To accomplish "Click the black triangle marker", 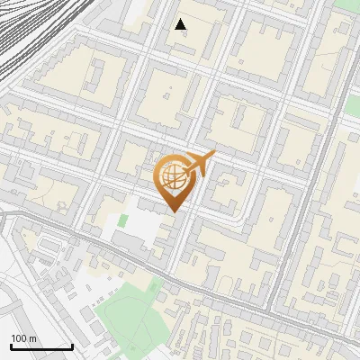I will (181, 24).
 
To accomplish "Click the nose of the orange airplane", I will (213, 154).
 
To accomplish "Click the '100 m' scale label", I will (23, 337).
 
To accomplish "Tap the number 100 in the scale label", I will (19, 337).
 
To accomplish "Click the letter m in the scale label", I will (32, 337).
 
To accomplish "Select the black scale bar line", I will (41, 346).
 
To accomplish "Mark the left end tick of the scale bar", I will (11, 345).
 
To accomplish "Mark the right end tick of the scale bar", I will (72, 345).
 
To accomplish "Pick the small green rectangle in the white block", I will (122, 220).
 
